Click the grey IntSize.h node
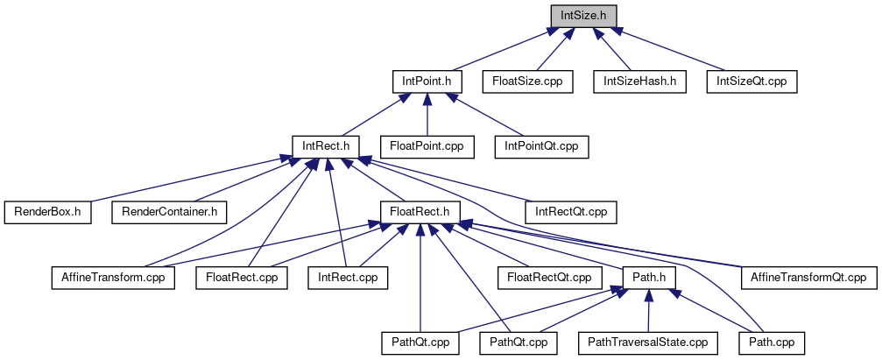coord(583,15)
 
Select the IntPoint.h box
coord(427,81)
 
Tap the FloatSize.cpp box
coord(527,81)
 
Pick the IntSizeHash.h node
coord(639,81)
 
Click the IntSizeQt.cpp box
coord(752,81)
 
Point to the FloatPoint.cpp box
coord(427,146)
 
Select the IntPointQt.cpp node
coord(541,146)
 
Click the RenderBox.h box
coord(47,211)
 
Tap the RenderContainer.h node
coord(170,211)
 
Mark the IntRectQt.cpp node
coord(570,211)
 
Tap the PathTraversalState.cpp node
coord(647,342)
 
